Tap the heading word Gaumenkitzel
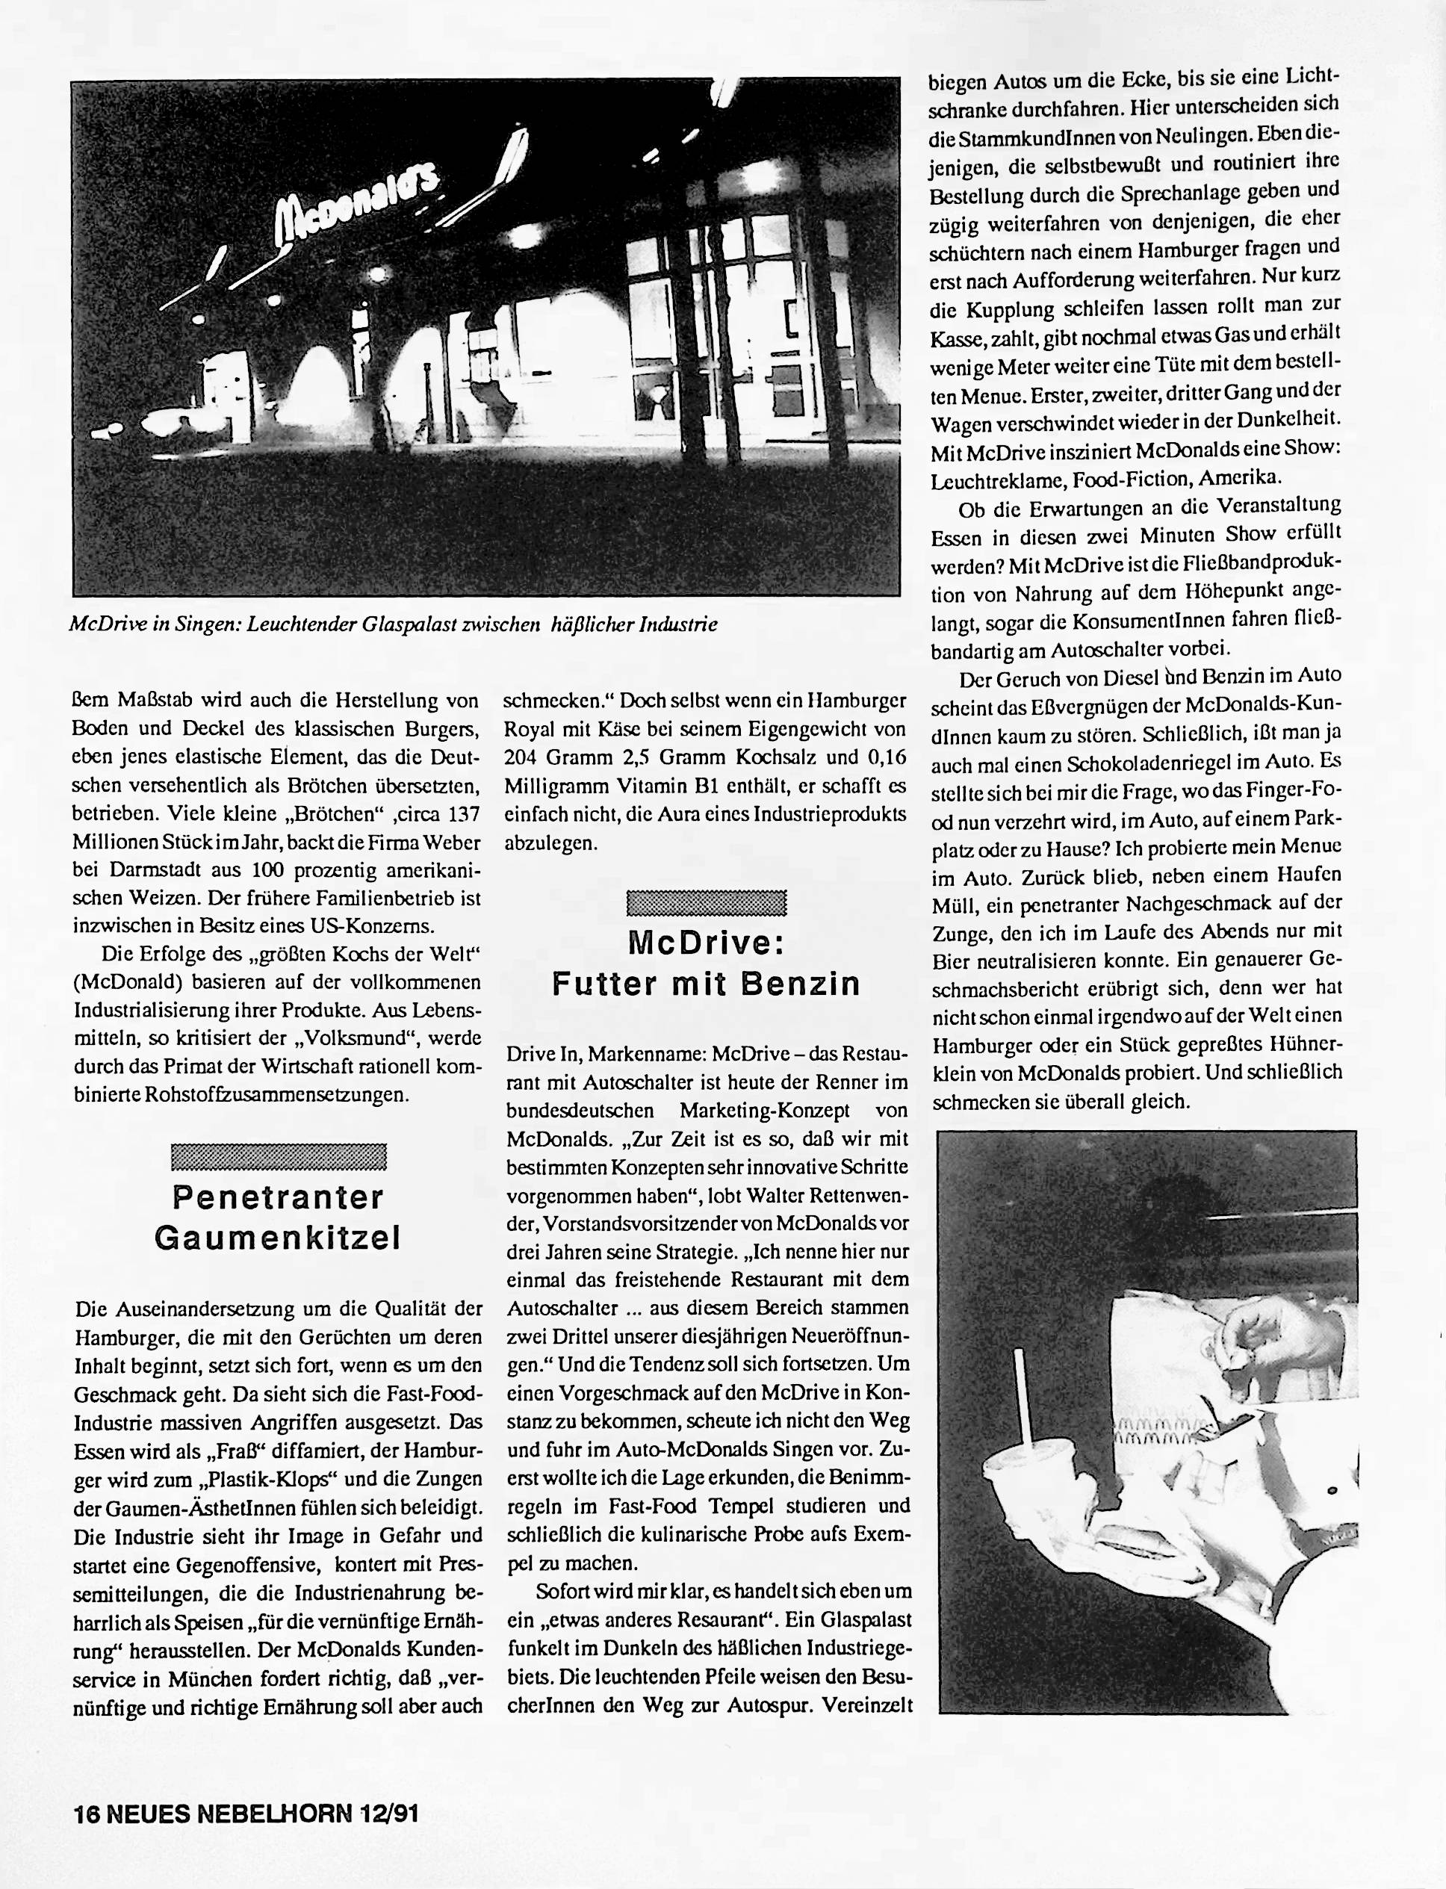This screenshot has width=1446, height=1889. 278,1238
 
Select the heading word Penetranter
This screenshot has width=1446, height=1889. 278,1197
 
